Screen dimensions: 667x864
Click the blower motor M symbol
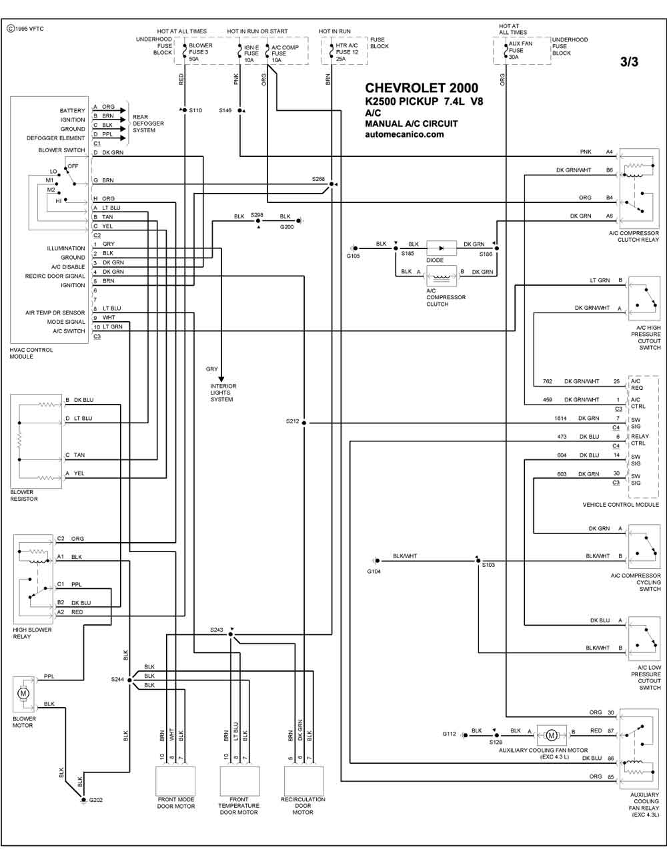[23, 694]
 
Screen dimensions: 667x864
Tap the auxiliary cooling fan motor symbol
[551, 735]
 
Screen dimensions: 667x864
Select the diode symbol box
[441, 248]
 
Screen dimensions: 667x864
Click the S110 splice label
[195, 110]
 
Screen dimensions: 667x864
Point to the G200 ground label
[287, 227]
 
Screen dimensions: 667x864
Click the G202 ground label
[95, 800]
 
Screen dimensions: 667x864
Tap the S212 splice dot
[303, 423]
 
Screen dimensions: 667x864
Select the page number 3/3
[629, 61]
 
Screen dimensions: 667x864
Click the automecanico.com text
[404, 134]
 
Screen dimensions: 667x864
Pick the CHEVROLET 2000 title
[422, 88]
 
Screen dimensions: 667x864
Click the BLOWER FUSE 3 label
[201, 49]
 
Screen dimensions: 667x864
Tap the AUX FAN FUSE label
[520, 47]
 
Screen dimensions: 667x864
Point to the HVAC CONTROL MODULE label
[31, 353]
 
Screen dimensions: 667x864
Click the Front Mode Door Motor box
[175, 781]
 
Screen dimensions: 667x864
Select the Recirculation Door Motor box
[303, 781]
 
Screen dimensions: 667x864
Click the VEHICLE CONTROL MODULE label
[620, 505]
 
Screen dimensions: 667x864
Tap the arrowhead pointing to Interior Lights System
[221, 379]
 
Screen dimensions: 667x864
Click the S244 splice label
[117, 680]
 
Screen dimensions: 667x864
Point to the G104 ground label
[374, 572]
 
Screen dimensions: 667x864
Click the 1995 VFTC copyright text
[25, 29]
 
